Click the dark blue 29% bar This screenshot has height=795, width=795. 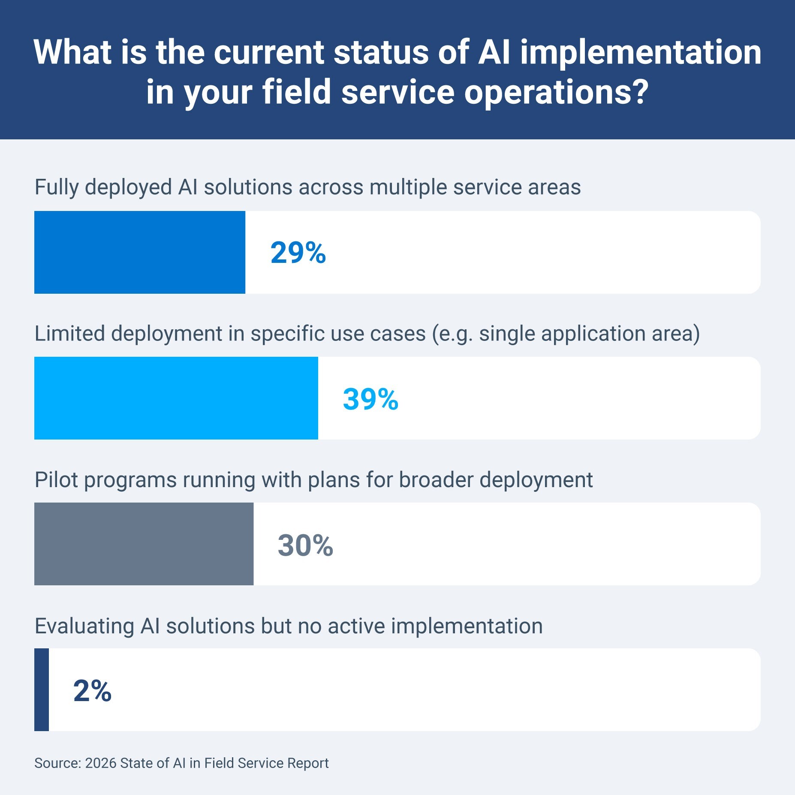click(x=139, y=252)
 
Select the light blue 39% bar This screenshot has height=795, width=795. click(x=176, y=398)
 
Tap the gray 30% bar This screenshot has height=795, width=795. click(x=144, y=544)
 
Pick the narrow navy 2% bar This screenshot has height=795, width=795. click(x=42, y=690)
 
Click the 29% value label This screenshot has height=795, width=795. click(x=298, y=253)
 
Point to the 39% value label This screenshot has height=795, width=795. click(x=370, y=399)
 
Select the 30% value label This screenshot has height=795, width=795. click(x=305, y=545)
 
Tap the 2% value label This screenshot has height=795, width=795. click(x=92, y=691)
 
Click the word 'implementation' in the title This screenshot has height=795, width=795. click(x=641, y=52)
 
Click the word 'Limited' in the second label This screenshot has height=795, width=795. click(x=69, y=334)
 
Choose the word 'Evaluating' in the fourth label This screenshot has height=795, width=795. click(x=84, y=626)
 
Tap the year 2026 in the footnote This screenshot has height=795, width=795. click(x=101, y=763)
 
